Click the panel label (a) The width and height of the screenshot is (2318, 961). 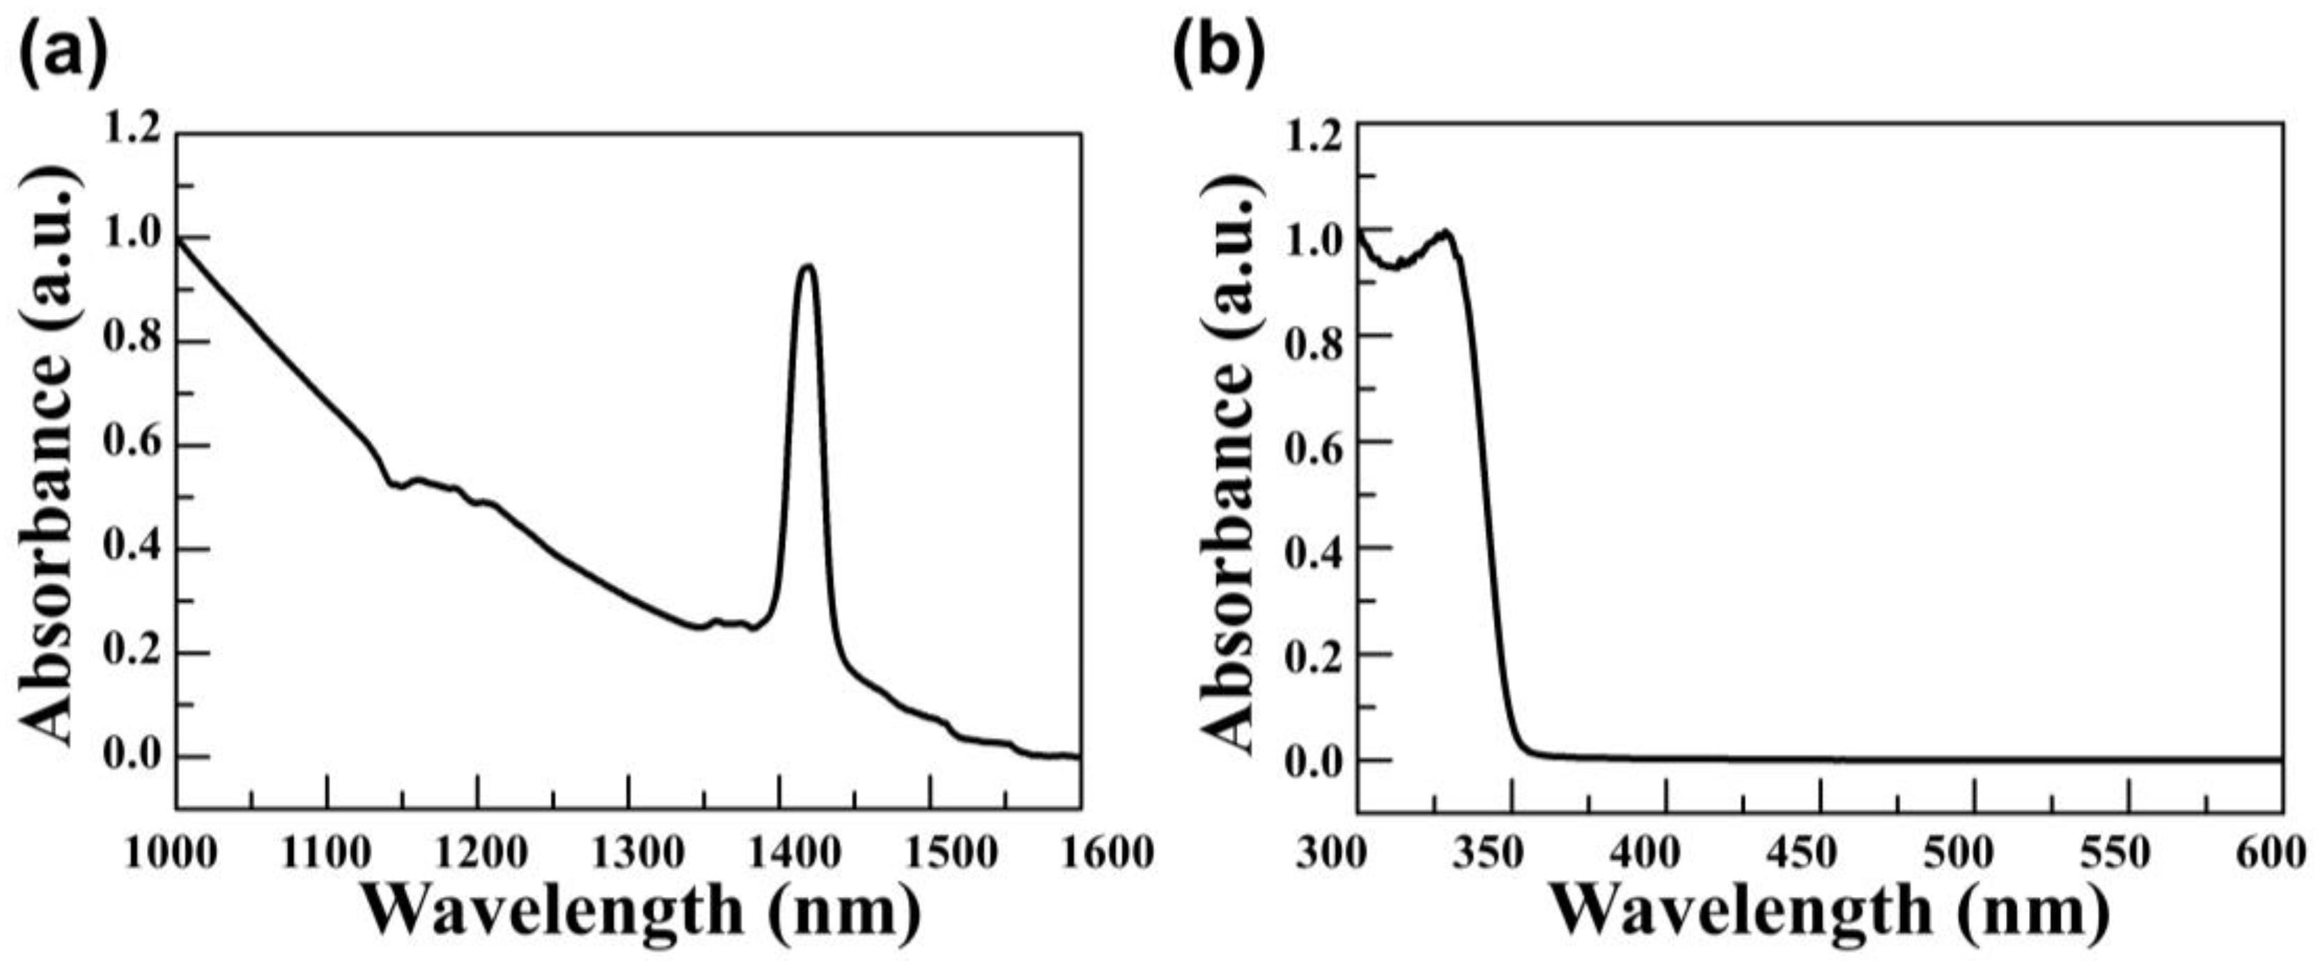tap(63, 54)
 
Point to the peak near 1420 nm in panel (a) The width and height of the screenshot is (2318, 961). tap(808, 266)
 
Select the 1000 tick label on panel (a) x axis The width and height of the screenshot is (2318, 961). tap(171, 852)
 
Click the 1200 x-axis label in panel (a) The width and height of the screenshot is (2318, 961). tap(478, 852)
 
